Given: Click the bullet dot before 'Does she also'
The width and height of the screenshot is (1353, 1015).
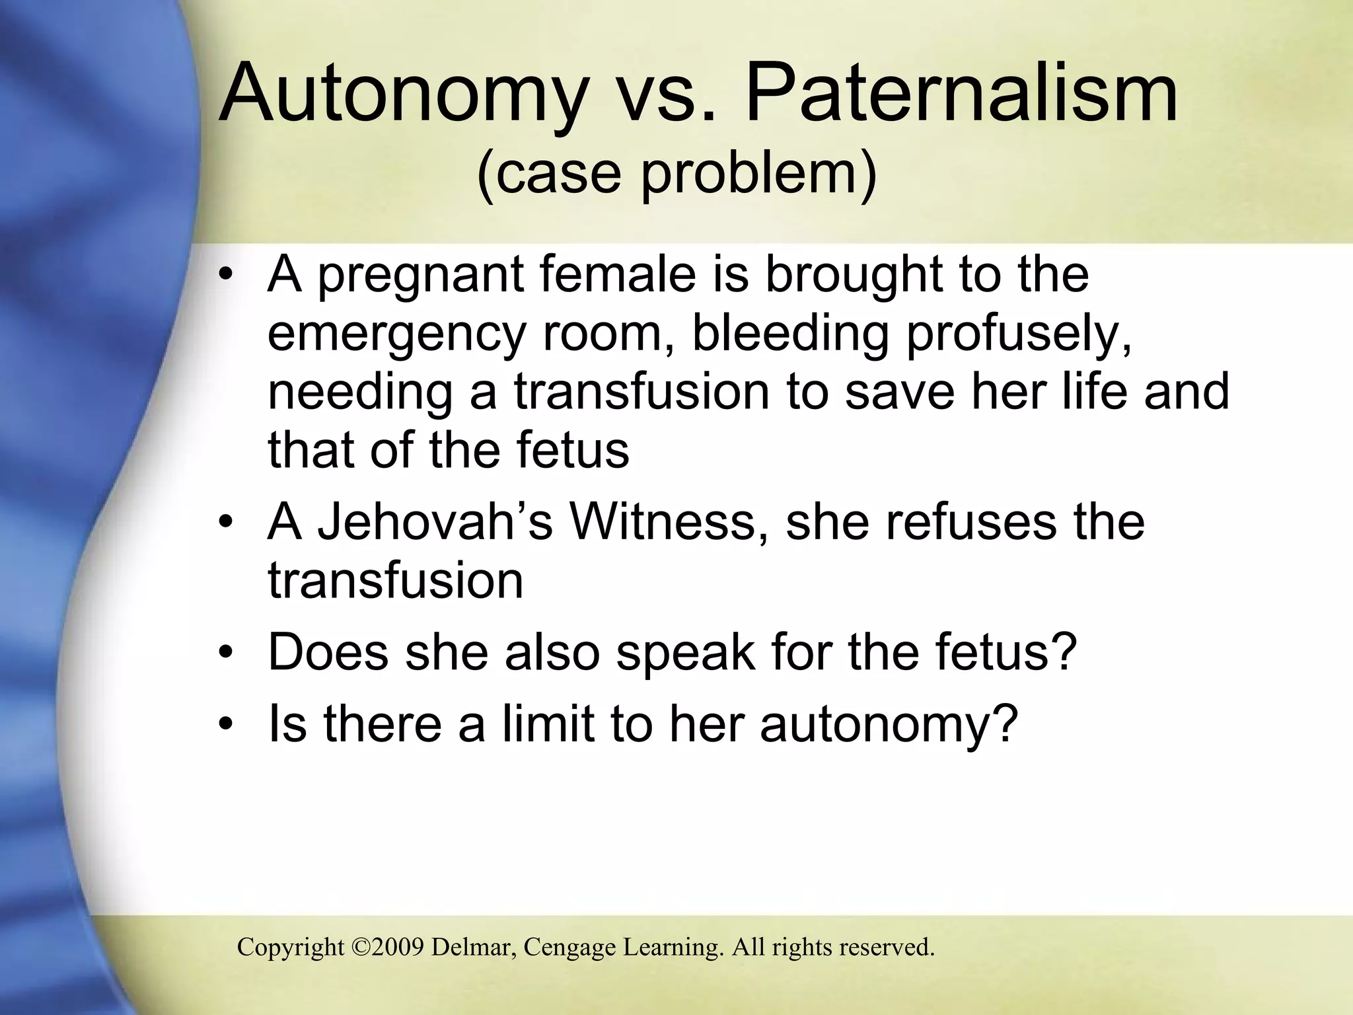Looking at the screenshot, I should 227,654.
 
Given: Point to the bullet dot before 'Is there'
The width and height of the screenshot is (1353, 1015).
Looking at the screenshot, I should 227,725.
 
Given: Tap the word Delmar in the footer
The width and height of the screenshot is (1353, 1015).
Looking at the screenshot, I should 473,947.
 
